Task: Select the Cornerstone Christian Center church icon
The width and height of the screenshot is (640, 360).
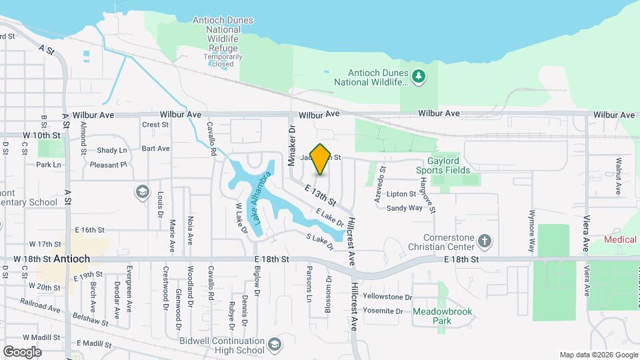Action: point(485,240)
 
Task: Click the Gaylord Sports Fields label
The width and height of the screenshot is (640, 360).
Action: point(457,165)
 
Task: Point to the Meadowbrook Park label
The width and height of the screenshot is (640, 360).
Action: point(431,316)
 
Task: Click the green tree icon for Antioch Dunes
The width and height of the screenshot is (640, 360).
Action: point(418,77)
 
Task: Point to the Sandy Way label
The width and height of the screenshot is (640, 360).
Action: point(405,208)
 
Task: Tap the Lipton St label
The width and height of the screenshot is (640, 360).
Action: point(401,194)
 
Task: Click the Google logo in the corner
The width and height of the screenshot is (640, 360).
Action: point(22,351)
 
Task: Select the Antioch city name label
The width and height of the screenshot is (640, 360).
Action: point(71,259)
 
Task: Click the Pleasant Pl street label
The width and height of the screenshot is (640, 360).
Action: point(108,165)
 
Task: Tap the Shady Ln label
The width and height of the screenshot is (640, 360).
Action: point(111,151)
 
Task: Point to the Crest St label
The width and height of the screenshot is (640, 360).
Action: point(155,124)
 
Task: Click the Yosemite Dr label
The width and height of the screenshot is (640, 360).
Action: point(381,311)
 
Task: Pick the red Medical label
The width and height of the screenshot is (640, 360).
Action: point(621,239)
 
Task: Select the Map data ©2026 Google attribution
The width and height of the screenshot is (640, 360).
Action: point(598,355)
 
